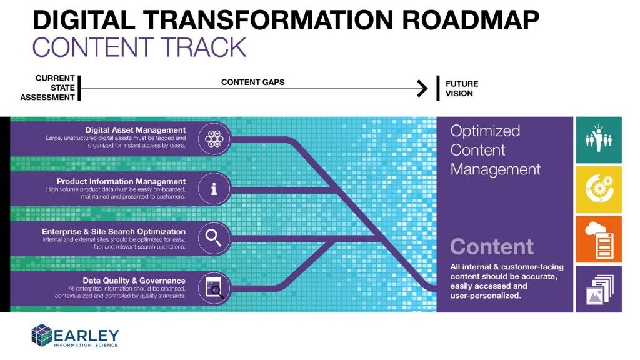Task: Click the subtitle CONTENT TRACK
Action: coord(139,47)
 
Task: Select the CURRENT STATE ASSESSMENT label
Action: coord(47,88)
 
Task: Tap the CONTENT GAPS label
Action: coord(252,82)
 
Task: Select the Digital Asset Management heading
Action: coord(136,130)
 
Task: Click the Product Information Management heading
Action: coord(125,181)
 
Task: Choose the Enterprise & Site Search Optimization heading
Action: coord(114,232)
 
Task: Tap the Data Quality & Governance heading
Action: coord(134,281)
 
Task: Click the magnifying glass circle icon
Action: coord(214,237)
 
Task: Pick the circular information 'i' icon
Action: coord(214,188)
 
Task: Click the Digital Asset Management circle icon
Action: coord(214,139)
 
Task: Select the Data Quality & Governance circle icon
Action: coord(214,289)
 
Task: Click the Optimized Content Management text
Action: coord(495,150)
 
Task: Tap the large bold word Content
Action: coord(492,247)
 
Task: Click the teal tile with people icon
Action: coord(599,139)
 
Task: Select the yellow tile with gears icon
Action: coord(599,189)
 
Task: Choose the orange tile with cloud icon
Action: coord(599,239)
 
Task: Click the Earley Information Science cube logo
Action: coord(42,334)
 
